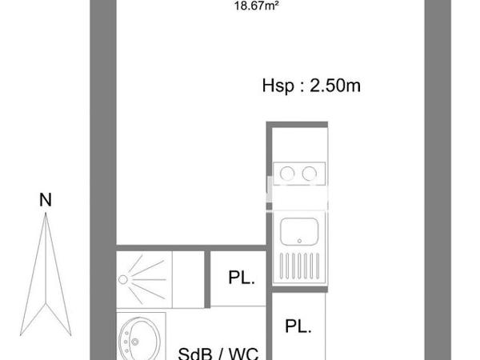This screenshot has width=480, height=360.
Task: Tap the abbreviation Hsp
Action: (277, 86)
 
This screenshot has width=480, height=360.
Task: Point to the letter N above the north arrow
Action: (46, 201)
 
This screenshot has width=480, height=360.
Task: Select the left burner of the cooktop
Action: (286, 172)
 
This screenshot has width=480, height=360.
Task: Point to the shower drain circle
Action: (123, 279)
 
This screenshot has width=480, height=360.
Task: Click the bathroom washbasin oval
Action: (135, 340)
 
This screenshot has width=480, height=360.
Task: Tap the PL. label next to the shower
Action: (241, 279)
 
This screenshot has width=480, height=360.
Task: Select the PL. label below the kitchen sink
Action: (298, 326)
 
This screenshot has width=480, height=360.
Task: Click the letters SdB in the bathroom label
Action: (192, 352)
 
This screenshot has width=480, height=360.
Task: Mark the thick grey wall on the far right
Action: (433, 160)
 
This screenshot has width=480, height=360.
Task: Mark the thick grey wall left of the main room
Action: (103, 160)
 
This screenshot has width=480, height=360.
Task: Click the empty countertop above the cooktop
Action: (298, 144)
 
